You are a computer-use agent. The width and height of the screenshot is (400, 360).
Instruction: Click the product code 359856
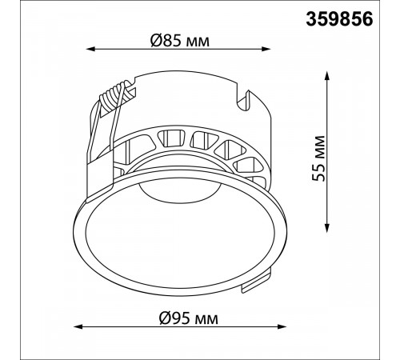(x=339, y=19)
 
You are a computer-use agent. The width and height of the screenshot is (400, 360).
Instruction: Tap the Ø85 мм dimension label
(x=180, y=41)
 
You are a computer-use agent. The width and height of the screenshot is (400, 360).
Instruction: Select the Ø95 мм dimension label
(x=188, y=318)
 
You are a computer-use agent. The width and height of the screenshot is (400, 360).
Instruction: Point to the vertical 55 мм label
(x=318, y=158)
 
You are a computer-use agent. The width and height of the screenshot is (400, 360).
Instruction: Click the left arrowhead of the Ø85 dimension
(x=90, y=49)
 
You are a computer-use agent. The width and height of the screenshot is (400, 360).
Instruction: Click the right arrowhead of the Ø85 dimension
(x=266, y=49)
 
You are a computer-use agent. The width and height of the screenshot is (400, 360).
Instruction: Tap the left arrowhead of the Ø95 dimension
(x=78, y=326)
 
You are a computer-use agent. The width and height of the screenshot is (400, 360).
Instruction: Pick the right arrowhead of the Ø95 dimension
(x=282, y=326)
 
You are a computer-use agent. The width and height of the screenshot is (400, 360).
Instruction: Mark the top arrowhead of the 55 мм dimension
(x=327, y=76)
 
